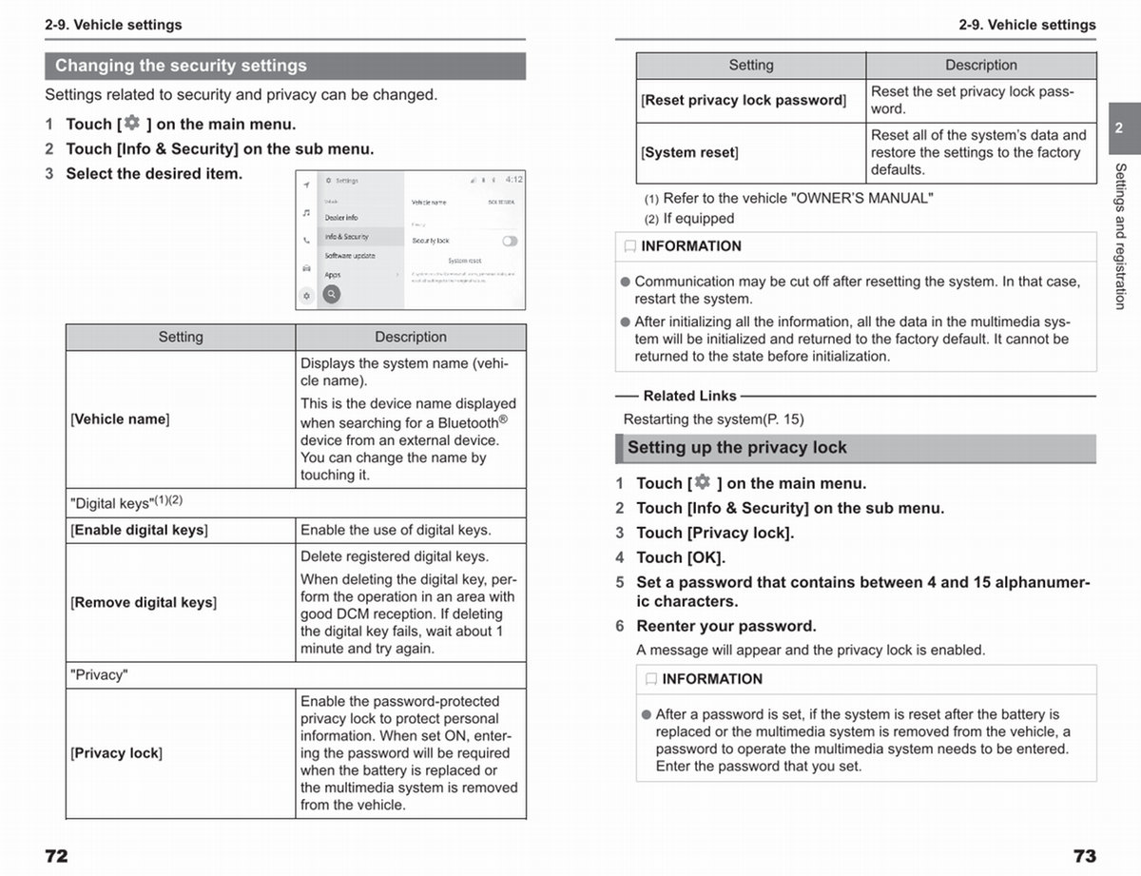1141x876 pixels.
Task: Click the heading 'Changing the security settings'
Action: (x=181, y=66)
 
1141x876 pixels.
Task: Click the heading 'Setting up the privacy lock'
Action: (x=736, y=448)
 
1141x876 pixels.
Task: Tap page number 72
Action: (x=56, y=855)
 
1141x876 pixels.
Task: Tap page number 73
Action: (x=1084, y=855)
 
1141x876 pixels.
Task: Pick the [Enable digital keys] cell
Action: (x=139, y=530)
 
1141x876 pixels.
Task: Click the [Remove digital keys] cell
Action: (x=144, y=602)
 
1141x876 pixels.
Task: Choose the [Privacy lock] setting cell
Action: (x=116, y=753)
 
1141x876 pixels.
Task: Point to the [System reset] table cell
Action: (x=690, y=152)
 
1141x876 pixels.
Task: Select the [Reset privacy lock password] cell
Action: (x=744, y=100)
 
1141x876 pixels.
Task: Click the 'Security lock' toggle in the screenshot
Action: (x=510, y=242)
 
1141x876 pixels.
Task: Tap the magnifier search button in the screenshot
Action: (x=331, y=295)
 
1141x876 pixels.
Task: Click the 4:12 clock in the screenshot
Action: (x=513, y=180)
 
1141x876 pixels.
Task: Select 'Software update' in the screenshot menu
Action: (x=350, y=256)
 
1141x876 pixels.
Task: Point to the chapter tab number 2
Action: (x=1119, y=127)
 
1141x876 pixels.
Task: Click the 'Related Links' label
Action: (x=689, y=396)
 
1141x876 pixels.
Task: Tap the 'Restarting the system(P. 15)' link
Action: (x=713, y=419)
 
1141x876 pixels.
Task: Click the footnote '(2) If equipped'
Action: (x=690, y=219)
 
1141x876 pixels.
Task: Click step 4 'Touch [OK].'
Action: (x=680, y=557)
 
